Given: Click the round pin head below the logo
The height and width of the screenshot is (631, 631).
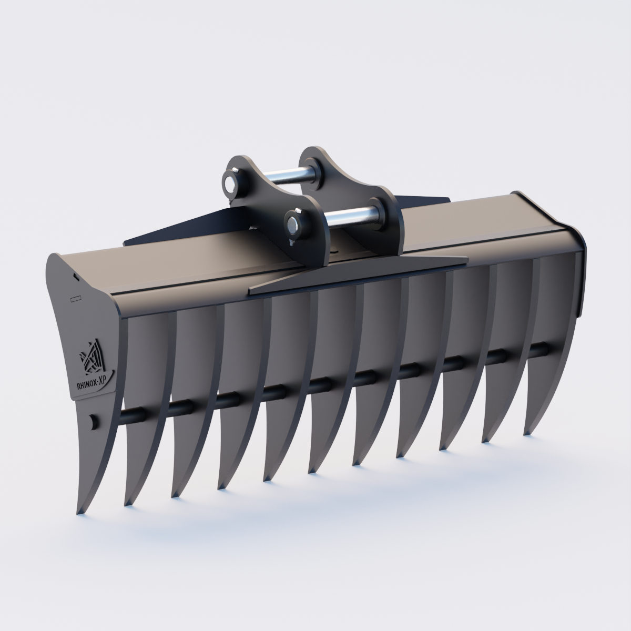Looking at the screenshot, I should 93,421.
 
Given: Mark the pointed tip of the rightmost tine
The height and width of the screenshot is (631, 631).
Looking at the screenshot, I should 526,433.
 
